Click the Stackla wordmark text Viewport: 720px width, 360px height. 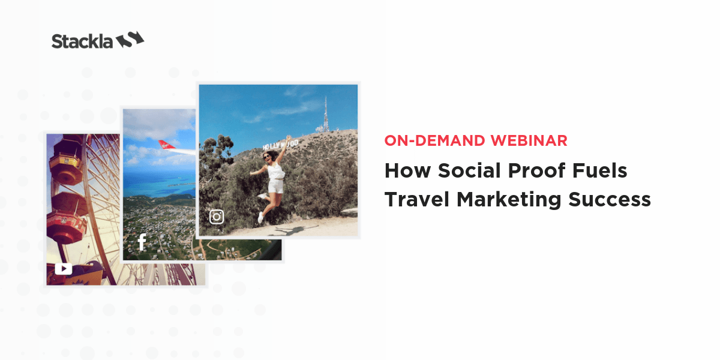click(x=82, y=41)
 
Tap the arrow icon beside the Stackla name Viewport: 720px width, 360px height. click(x=130, y=40)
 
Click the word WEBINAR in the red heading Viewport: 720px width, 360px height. click(x=529, y=140)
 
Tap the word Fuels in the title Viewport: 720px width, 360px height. click(x=600, y=170)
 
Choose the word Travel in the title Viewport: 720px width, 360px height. click(x=416, y=199)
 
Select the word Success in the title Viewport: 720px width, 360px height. click(x=610, y=200)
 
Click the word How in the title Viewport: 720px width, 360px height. click(x=407, y=170)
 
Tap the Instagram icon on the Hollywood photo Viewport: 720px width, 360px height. click(x=217, y=217)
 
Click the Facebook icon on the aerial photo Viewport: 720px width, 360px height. click(x=142, y=242)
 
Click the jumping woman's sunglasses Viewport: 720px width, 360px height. click(x=267, y=157)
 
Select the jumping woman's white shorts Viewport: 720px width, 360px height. click(x=276, y=186)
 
